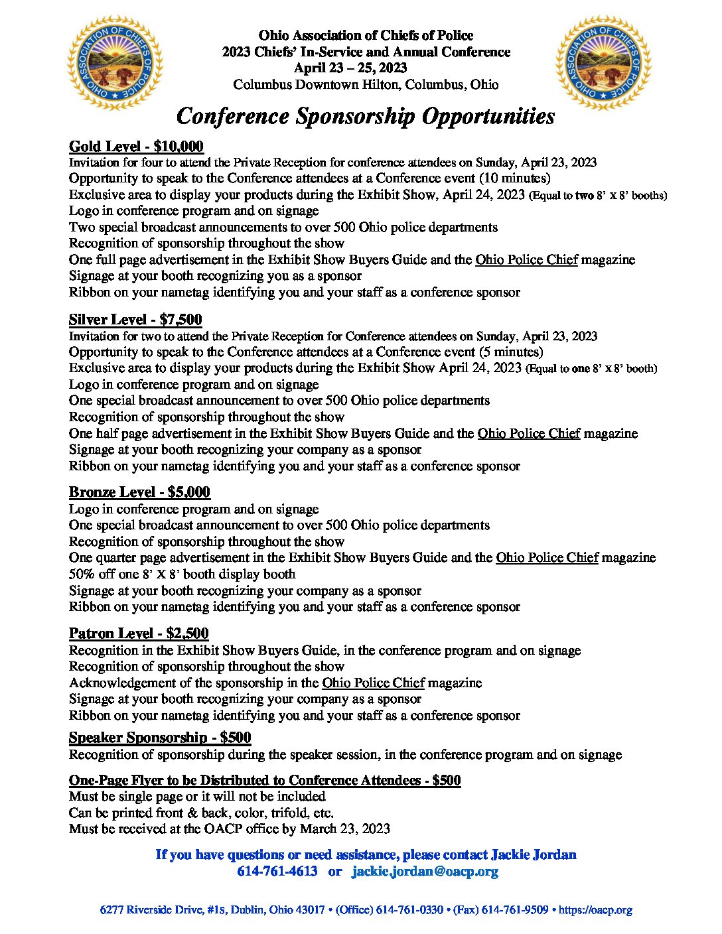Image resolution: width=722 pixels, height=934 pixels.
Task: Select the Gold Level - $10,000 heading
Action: [x=136, y=147]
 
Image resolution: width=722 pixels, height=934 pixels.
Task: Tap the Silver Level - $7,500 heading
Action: [x=135, y=320]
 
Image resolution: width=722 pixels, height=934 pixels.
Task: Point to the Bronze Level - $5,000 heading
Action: [x=139, y=492]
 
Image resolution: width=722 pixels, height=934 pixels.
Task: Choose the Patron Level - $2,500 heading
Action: [x=139, y=634]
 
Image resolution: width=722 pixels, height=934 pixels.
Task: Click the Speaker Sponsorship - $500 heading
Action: [x=160, y=738]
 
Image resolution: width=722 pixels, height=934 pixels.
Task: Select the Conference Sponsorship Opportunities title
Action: [x=366, y=116]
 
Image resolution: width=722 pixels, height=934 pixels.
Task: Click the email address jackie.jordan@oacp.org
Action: [x=425, y=871]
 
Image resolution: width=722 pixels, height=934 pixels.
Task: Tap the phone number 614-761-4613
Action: [x=277, y=871]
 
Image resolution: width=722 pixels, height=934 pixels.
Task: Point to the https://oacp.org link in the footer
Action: [x=595, y=910]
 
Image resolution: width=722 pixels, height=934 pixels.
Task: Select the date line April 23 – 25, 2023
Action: [x=350, y=68]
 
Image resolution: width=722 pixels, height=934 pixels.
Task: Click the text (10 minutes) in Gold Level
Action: [x=515, y=178]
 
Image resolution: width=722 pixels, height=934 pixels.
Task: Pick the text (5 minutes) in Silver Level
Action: [x=511, y=352]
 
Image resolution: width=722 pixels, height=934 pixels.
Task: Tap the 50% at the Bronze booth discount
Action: [x=81, y=574]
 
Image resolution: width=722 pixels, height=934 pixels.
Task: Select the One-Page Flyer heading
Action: [x=265, y=780]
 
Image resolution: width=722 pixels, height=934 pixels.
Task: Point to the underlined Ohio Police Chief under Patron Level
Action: [x=374, y=683]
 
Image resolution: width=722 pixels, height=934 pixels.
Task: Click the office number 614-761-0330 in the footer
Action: [x=409, y=910]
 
